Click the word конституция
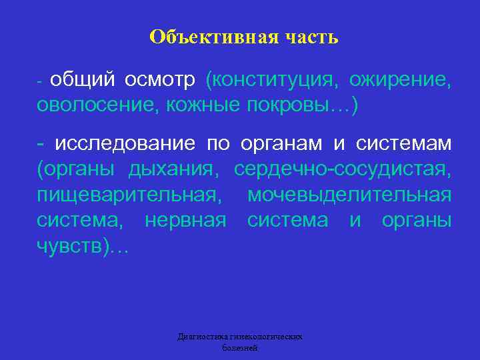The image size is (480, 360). (x=277, y=81)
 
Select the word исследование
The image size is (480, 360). (x=125, y=144)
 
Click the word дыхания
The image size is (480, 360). (x=173, y=170)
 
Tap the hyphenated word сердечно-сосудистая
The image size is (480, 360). (x=343, y=170)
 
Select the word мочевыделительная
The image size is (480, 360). (x=349, y=195)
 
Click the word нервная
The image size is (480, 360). (x=186, y=221)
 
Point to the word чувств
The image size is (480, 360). (x=71, y=246)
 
